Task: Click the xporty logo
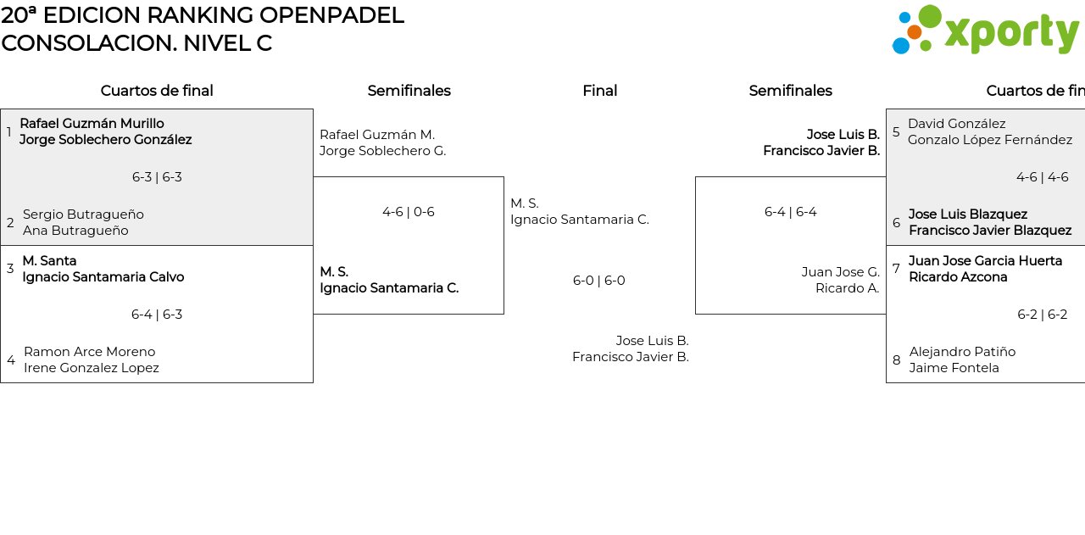coord(985,31)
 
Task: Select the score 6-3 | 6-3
coord(157,177)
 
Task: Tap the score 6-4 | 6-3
coord(157,315)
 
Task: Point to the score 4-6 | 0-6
coord(409,212)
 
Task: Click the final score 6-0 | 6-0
coord(599,281)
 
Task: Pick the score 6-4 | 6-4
coord(790,212)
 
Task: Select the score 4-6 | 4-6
coord(1042,177)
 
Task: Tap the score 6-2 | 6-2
coord(1042,315)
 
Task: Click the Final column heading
coord(599,91)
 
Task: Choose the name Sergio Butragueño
coord(83,215)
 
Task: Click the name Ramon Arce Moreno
coord(89,352)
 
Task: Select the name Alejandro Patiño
coord(962,352)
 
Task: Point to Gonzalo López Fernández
coord(989,140)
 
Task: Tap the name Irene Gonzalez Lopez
coord(91,368)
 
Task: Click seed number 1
coord(9,132)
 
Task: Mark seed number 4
coord(11,360)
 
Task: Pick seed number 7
coord(896,269)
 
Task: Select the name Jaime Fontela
coord(954,368)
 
